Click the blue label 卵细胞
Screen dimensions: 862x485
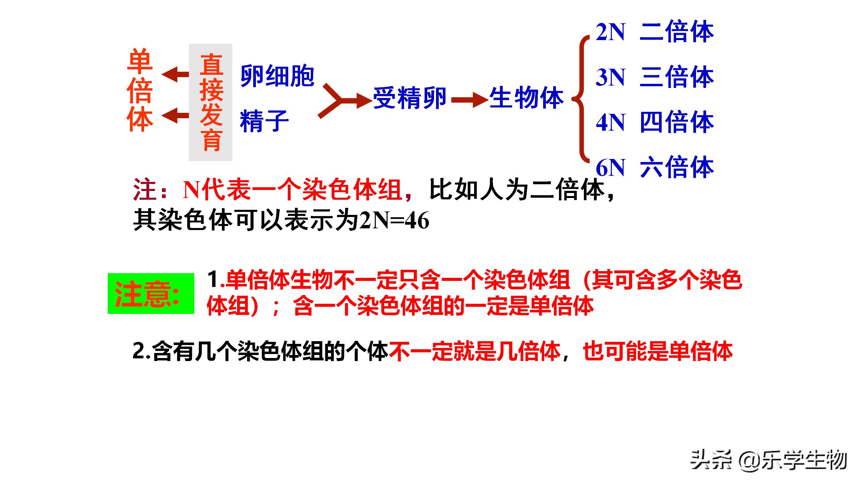tap(277, 76)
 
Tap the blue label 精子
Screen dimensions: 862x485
tap(264, 121)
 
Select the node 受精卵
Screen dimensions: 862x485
tap(409, 98)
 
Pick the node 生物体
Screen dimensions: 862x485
tap(526, 98)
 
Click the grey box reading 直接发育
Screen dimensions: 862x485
tap(210, 102)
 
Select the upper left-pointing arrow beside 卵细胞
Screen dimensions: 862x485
tap(175, 74)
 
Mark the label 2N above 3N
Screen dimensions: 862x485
tap(610, 32)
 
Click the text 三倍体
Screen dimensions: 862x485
tap(677, 77)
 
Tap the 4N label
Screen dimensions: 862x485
tap(610, 122)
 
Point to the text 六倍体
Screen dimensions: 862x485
tap(677, 167)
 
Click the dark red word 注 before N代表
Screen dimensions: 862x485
tap(145, 190)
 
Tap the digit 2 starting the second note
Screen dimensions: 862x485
tap(139, 351)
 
